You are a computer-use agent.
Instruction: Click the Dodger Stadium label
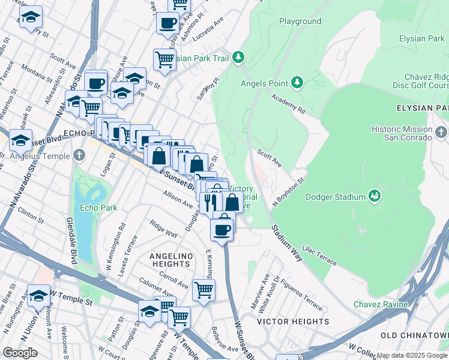(336, 197)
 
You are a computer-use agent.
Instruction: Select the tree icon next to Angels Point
(297, 82)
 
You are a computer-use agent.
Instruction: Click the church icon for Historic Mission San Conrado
(442, 131)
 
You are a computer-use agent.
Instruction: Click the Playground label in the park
(300, 21)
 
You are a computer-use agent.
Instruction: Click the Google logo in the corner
(20, 353)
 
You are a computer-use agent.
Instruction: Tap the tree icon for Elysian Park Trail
(239, 57)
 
